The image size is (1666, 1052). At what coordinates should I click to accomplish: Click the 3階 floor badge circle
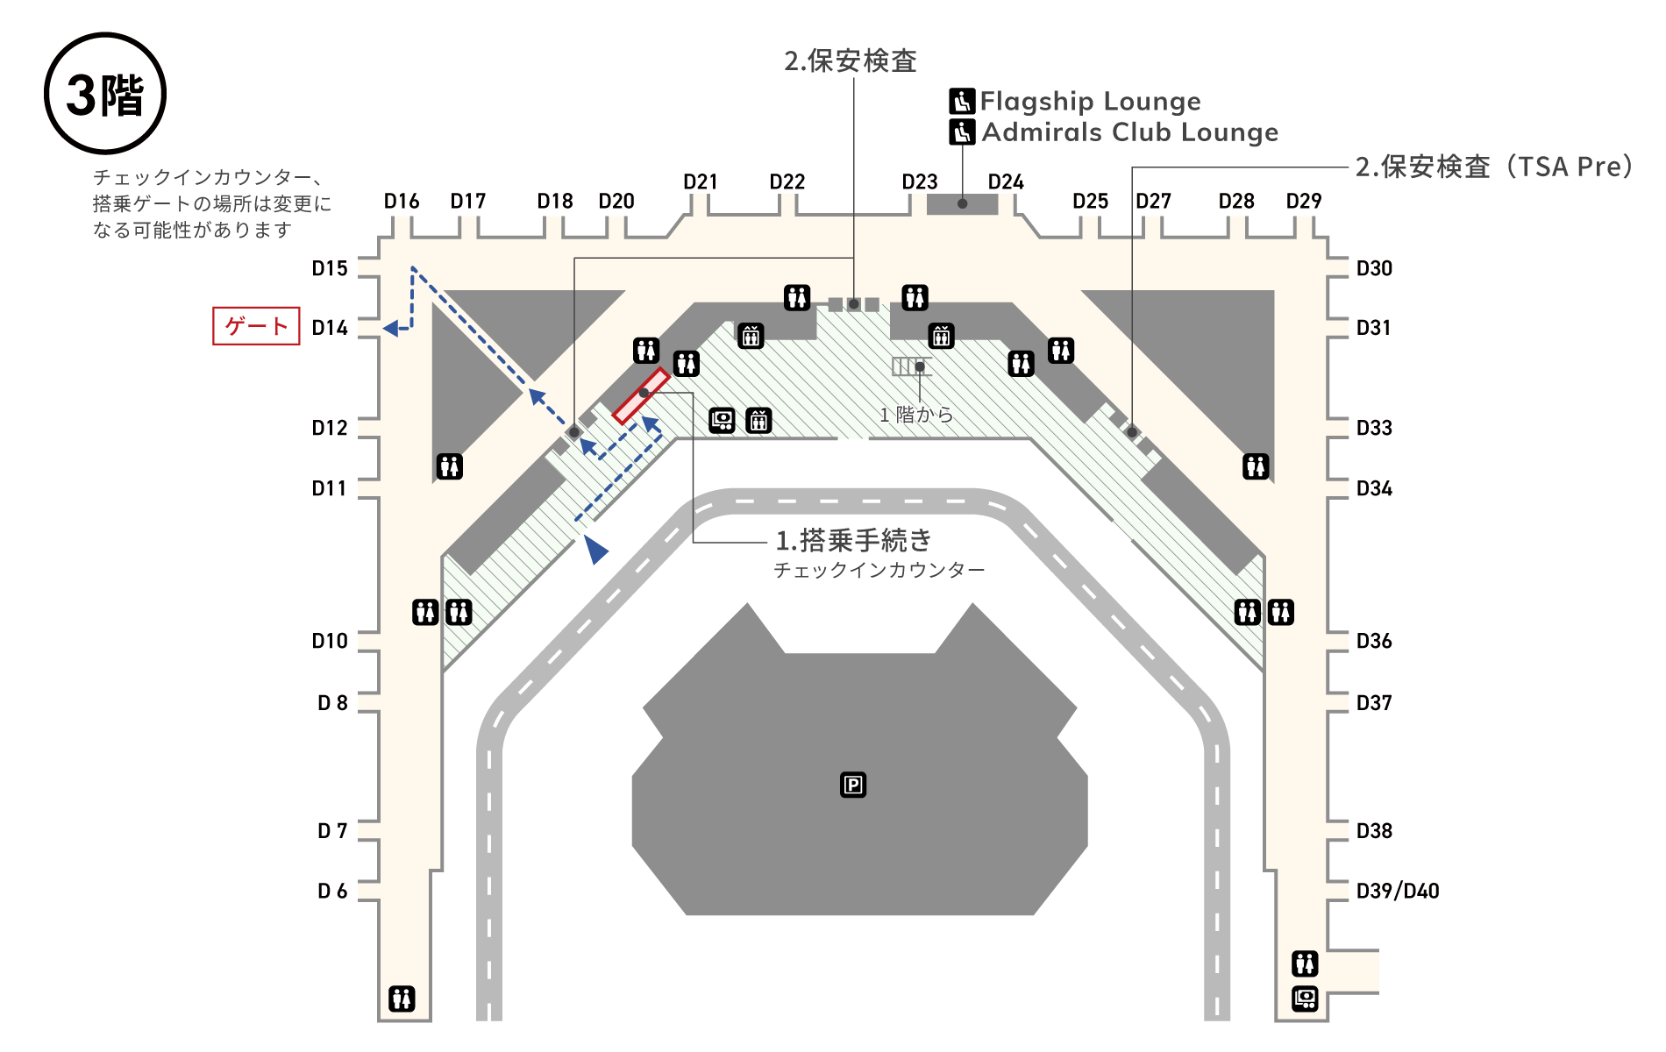click(105, 94)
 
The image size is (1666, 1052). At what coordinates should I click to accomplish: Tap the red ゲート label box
click(256, 326)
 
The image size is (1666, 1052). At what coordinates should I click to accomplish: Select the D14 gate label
click(330, 328)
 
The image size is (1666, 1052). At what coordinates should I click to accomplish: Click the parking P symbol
click(853, 785)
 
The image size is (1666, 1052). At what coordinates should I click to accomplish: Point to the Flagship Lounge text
click(1090, 102)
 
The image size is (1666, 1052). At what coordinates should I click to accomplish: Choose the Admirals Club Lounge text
click(1129, 132)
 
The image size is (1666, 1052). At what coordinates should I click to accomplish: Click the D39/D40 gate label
click(1397, 891)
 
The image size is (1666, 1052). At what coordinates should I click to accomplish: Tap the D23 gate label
click(920, 181)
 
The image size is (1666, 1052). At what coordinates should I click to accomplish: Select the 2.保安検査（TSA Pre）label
click(1493, 167)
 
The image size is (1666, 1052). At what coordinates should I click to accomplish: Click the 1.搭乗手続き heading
click(853, 540)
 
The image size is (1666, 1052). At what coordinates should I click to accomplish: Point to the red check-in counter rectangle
click(641, 395)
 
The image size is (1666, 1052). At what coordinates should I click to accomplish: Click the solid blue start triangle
click(595, 550)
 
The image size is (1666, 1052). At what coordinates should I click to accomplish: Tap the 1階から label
click(916, 415)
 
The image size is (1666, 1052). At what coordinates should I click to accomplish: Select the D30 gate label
click(1374, 268)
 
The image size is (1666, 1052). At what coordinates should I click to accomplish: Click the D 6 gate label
click(332, 891)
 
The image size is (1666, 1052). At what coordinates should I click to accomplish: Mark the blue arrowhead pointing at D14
click(392, 328)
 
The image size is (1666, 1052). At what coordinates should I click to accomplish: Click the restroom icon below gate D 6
click(402, 998)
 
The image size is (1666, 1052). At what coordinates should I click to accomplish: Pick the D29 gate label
click(1303, 201)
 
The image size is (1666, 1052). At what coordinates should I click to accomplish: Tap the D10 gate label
click(330, 641)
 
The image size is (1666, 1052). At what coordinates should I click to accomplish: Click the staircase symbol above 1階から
click(908, 366)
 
